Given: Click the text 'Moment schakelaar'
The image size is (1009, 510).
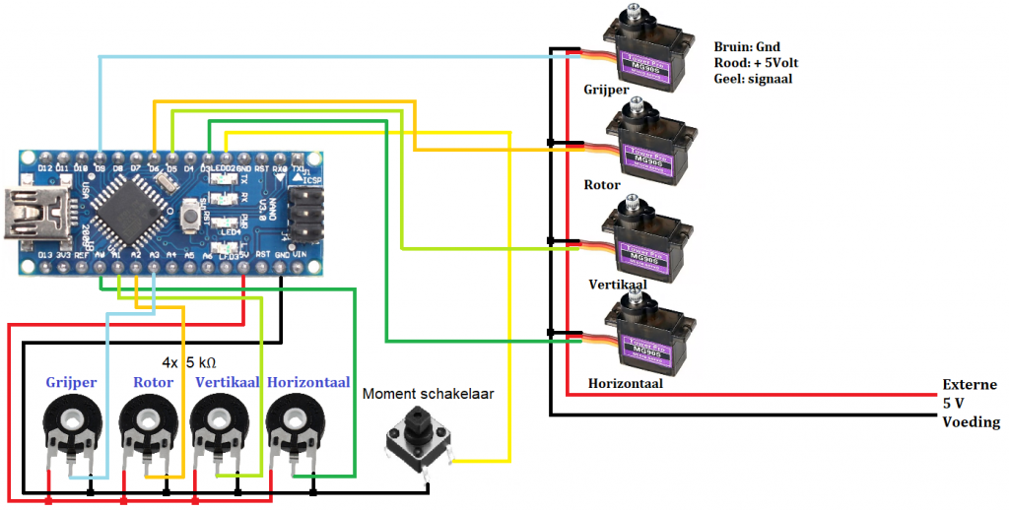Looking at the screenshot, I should click(428, 394).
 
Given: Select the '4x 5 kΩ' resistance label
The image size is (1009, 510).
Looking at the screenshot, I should click(189, 361).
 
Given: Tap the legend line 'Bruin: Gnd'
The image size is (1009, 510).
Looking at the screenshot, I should click(746, 45).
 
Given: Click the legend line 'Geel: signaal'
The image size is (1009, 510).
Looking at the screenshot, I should click(754, 78).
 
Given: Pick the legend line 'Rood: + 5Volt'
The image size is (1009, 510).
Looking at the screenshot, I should click(757, 62).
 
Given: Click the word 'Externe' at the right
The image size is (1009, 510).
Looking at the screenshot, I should click(970, 385).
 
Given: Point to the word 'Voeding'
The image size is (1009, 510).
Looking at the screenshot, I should click(971, 422).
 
